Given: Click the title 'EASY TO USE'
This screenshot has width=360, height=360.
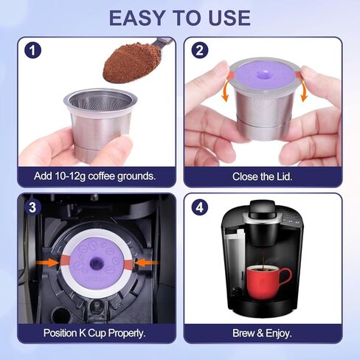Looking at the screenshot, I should tap(179, 18).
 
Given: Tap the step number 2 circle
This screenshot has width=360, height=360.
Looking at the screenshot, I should tap(198, 51).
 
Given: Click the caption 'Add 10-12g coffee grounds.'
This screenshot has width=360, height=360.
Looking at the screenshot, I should tap(94, 176).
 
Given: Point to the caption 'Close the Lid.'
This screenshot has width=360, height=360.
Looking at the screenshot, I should tap(263, 176).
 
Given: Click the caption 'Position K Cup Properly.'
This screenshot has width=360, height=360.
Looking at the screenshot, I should tap(94, 333).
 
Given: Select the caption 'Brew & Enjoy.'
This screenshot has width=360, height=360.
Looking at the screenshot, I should tap(263, 333).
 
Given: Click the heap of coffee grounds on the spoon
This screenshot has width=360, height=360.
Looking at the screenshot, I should tap(131, 63).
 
